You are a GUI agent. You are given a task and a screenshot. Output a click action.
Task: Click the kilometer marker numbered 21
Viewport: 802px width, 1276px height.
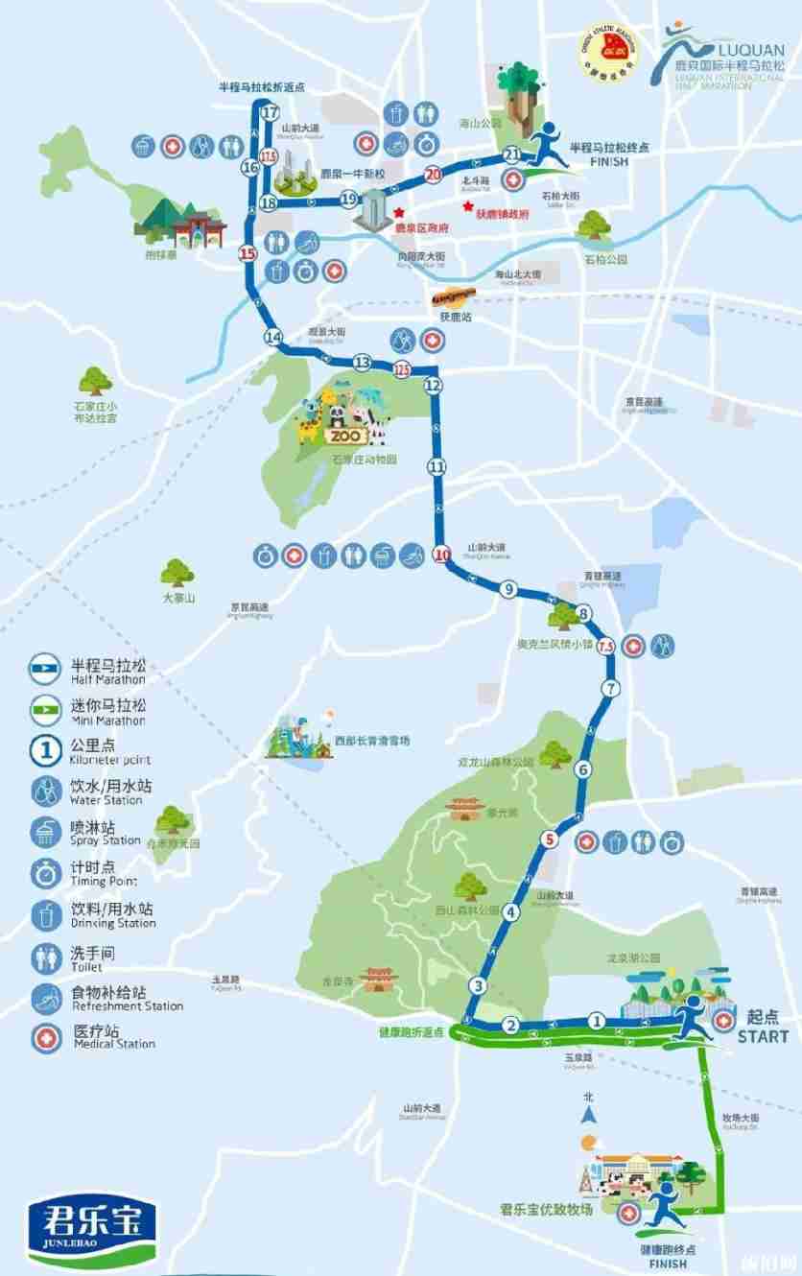click(511, 154)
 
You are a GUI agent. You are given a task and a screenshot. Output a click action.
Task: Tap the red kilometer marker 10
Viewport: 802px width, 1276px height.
click(441, 554)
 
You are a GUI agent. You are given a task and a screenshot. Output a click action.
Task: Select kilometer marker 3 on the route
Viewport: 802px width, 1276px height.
click(477, 986)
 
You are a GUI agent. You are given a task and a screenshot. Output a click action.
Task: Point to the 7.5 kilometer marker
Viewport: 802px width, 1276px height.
click(605, 648)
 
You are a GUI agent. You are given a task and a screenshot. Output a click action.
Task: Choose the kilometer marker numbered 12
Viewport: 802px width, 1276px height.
click(433, 385)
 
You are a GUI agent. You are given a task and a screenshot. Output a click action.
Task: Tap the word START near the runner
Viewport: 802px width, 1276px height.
click(764, 1036)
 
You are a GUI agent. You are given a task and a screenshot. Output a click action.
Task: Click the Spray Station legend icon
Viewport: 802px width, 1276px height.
click(44, 832)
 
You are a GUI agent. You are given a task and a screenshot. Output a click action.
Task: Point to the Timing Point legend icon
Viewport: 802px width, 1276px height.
click(44, 873)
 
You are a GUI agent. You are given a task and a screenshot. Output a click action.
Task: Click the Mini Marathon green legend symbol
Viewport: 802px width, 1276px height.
click(44, 708)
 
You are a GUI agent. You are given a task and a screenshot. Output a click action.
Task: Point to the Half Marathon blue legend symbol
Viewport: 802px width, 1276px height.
click(44, 667)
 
